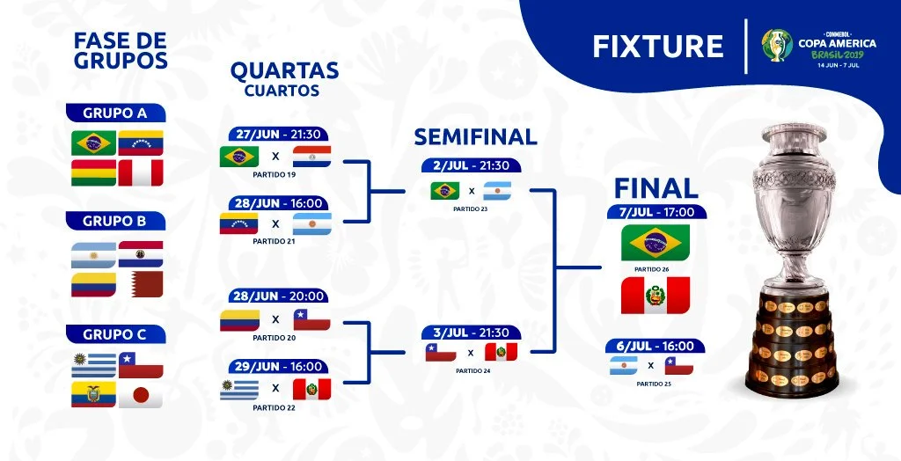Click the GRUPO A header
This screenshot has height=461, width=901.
click(115, 113)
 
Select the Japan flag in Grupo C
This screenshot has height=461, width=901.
click(141, 394)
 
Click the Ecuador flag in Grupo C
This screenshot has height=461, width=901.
click(93, 394)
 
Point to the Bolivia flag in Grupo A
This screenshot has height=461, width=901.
click(93, 172)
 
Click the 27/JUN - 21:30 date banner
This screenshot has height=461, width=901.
click(278, 134)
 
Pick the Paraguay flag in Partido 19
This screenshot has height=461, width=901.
click(311, 157)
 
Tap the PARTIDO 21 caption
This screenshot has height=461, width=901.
click(275, 241)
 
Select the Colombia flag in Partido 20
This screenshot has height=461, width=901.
click(239, 320)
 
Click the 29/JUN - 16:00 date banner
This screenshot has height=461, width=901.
click(278, 366)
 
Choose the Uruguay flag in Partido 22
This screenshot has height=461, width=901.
click(239, 389)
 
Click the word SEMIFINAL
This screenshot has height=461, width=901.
click(475, 137)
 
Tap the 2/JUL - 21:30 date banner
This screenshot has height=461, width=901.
click(472, 165)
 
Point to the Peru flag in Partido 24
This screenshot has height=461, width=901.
click(501, 352)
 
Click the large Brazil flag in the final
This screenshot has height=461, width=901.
click(655, 243)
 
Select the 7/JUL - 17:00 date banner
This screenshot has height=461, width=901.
click(656, 212)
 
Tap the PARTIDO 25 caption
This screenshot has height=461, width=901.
click(652, 384)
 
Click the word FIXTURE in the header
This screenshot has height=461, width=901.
click(658, 47)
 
